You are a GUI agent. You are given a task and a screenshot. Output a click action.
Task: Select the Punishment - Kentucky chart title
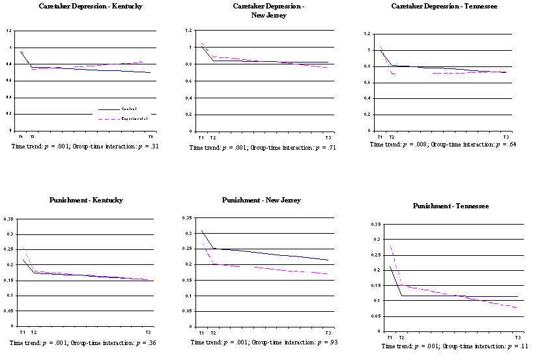tap(87, 200)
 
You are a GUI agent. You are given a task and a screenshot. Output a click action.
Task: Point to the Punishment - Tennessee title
tap(451, 206)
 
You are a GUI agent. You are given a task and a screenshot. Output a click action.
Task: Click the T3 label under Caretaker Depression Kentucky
tap(151, 137)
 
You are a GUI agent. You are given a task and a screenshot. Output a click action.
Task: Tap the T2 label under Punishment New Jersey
tap(212, 333)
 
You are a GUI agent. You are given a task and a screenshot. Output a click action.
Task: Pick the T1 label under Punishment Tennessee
tap(389, 337)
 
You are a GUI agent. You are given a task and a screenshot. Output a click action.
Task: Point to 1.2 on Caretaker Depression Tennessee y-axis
tap(366, 34)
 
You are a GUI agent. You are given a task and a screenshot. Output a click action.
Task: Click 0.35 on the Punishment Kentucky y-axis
tap(8, 219)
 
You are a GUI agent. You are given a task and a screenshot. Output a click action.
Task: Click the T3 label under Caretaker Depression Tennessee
tap(506, 137)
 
